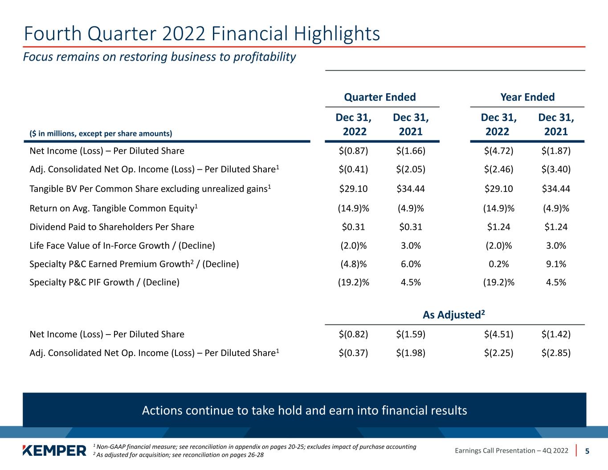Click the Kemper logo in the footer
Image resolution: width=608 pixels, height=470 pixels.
(54, 450)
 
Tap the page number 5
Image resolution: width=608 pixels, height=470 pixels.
(587, 451)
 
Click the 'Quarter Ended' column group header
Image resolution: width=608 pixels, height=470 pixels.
(380, 97)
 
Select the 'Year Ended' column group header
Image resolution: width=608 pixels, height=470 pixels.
(527, 97)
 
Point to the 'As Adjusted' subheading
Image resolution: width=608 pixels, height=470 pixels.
(453, 315)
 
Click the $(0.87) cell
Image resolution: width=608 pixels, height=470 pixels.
(353, 151)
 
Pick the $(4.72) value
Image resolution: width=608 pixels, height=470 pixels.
(498, 151)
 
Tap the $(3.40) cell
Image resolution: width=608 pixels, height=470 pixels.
(556, 169)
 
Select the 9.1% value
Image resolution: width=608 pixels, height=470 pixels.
(556, 264)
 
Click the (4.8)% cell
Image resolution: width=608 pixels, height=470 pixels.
(354, 264)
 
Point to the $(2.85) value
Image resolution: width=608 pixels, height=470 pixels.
(556, 353)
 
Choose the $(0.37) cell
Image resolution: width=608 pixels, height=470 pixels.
(353, 353)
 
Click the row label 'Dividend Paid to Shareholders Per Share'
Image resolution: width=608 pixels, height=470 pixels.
(112, 227)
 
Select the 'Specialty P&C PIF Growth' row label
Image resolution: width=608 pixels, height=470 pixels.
(104, 282)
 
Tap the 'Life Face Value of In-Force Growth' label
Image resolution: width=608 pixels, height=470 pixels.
(122, 245)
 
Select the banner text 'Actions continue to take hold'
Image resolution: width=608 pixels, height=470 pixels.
(232, 410)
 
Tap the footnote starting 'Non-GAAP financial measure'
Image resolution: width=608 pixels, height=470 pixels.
(255, 446)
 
